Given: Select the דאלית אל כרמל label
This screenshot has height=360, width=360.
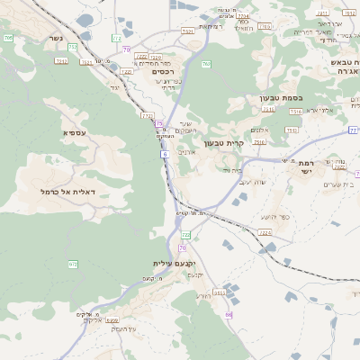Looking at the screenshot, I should click(67, 192).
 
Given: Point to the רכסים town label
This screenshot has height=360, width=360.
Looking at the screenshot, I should click(160, 73).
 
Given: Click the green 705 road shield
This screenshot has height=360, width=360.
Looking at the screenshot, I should click(8, 39).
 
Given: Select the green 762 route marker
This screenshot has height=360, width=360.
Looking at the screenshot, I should click(206, 65).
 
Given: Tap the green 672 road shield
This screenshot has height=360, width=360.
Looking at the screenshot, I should click(73, 264).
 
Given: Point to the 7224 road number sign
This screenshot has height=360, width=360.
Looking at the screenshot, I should click(265, 233).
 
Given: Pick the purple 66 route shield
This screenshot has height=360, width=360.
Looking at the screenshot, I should click(229, 314).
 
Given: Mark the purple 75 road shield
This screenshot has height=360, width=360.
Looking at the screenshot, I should click(159, 123).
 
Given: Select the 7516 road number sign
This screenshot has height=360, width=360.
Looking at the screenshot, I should click(295, 111).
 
